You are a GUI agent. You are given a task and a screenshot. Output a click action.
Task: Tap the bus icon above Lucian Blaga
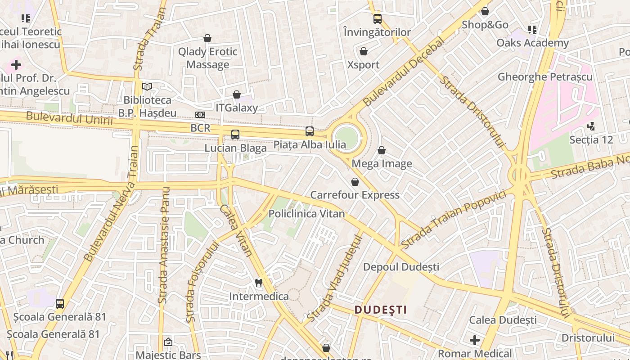[x=235, y=134]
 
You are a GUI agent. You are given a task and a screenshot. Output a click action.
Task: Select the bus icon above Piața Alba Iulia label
[x=310, y=131]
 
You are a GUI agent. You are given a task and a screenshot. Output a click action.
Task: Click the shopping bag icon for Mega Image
[x=382, y=150]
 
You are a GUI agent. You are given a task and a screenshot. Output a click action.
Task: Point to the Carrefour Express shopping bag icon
[x=355, y=182]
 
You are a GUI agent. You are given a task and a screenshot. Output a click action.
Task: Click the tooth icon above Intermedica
[x=258, y=283]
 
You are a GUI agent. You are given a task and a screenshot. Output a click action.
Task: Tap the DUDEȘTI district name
[x=381, y=310]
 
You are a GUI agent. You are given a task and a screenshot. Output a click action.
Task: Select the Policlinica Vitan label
[x=306, y=214]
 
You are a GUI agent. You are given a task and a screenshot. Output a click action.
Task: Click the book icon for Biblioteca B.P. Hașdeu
[x=147, y=86]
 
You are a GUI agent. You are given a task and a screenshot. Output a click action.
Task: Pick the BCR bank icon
[x=200, y=115]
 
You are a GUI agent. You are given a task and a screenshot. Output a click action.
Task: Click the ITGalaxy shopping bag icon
[x=237, y=94]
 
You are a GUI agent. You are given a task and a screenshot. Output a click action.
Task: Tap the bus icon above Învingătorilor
[x=377, y=19]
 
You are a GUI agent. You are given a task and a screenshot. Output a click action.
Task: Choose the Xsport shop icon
[x=364, y=51]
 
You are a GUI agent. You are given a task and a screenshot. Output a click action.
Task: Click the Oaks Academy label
[x=532, y=43]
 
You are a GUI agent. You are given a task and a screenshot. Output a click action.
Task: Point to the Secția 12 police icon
[x=591, y=126]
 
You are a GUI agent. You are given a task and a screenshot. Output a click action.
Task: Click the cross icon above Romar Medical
[x=475, y=340]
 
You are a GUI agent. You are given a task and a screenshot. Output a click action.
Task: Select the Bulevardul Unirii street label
[x=69, y=118]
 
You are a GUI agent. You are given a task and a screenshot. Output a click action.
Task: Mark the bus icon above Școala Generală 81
[x=60, y=304]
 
